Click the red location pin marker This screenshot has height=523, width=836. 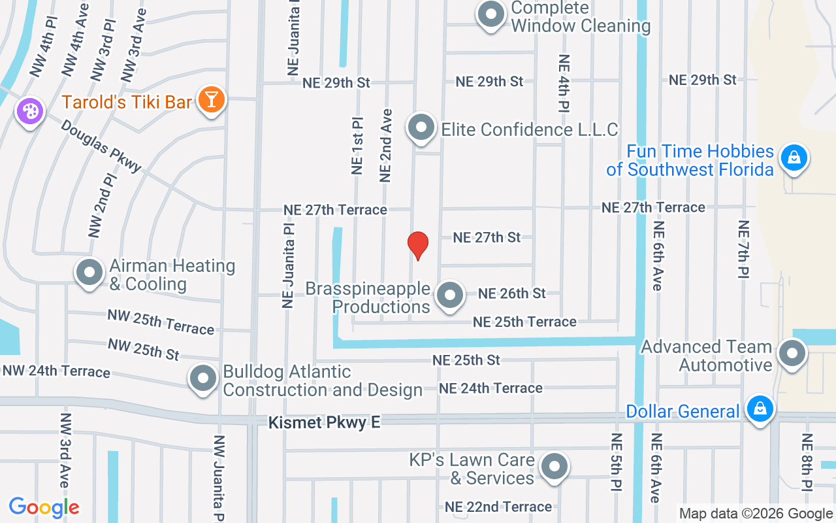418,245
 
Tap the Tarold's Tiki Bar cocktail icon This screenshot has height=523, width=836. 212,100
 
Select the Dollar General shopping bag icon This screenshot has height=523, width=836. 760,409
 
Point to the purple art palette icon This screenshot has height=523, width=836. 30,110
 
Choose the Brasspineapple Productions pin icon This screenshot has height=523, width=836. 449,295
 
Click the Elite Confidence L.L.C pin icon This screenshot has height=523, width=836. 421,127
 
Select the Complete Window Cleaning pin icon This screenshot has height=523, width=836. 490,14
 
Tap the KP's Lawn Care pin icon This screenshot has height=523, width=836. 555,467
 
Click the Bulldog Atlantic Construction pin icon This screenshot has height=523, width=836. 203,378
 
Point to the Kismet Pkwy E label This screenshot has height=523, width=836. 324,423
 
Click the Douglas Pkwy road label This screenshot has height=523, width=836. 101,145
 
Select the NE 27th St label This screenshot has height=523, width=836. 487,237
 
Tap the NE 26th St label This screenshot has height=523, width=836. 512,294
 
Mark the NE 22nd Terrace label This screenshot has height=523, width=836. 498,507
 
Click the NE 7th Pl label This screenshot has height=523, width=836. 743,250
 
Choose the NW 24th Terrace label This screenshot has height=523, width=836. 56,371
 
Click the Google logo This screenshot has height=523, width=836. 44,507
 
